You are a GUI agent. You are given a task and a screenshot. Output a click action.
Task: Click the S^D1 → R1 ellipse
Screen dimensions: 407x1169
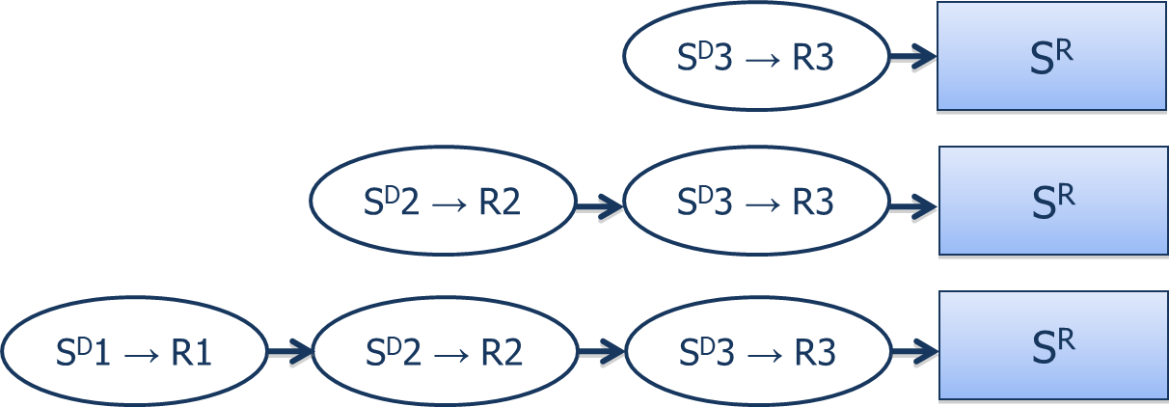[133, 352]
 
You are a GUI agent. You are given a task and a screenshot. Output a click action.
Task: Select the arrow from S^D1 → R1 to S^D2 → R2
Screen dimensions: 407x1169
[288, 353]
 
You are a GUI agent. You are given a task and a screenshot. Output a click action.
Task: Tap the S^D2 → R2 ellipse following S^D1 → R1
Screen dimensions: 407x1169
[444, 352]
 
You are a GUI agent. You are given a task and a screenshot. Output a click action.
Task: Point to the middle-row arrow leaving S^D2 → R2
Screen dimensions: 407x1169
[600, 204]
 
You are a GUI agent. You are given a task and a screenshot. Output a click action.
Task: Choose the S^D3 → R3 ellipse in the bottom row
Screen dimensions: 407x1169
[755, 352]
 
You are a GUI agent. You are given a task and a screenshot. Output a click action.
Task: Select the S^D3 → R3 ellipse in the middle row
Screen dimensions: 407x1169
[755, 203]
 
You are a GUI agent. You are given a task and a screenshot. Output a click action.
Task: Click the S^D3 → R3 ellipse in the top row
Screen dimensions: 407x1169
[755, 58]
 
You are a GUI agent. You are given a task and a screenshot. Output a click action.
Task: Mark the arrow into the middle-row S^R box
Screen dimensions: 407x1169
[912, 204]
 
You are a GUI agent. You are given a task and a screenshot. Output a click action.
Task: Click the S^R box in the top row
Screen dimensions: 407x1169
[1051, 57]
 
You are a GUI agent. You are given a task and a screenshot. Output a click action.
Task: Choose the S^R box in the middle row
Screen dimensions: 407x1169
[1051, 202]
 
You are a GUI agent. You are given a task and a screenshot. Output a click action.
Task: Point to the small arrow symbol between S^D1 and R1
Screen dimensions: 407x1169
[135, 355]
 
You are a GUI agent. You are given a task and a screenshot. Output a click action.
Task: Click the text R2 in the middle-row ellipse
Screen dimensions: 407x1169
[501, 204]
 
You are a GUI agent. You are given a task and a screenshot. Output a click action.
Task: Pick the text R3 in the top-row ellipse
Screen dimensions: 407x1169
[812, 60]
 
